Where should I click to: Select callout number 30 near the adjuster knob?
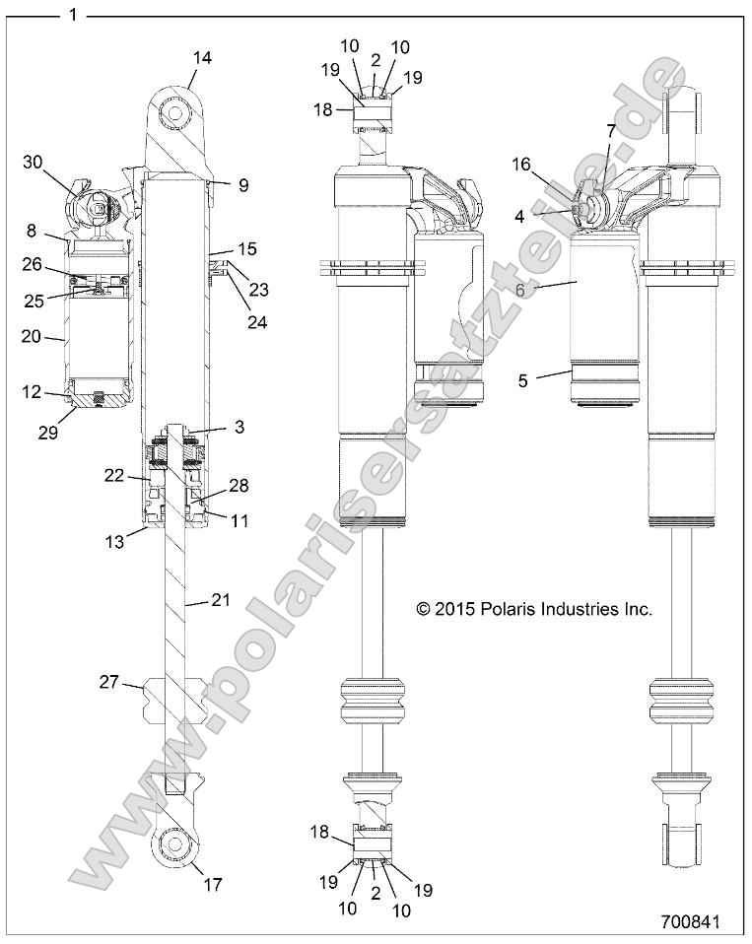34,164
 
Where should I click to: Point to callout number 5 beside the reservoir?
522,377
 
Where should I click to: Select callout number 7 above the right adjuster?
610,130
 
